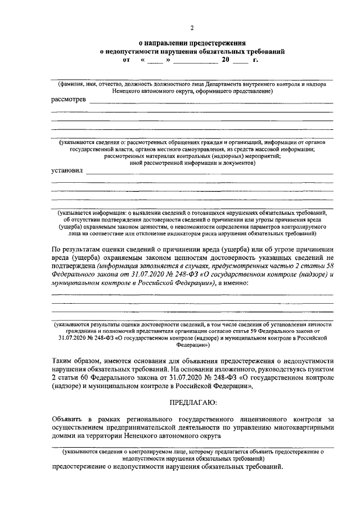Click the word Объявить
click(67, 419)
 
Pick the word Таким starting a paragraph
click(62, 360)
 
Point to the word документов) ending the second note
click(240, 163)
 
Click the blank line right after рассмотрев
click(210, 102)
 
